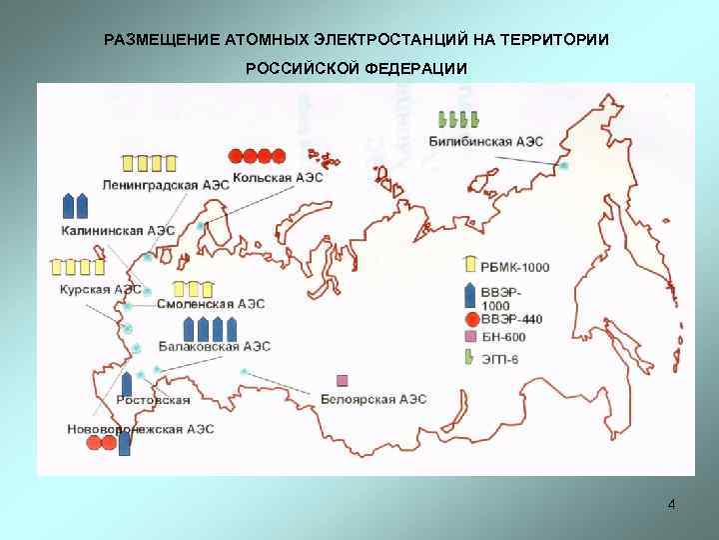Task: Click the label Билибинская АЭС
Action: click(x=485, y=142)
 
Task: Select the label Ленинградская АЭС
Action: click(x=165, y=185)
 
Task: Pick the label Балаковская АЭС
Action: click(x=214, y=346)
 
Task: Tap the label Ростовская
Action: click(x=153, y=400)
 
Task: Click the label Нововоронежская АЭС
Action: click(x=140, y=429)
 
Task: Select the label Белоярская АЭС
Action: click(x=373, y=399)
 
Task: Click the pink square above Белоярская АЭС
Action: click(x=343, y=380)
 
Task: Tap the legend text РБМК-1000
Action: click(x=514, y=267)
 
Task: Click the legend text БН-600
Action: click(x=503, y=338)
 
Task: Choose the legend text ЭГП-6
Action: click(x=499, y=358)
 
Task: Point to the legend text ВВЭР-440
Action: click(x=511, y=319)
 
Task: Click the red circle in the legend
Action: click(x=470, y=319)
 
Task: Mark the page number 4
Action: click(x=671, y=504)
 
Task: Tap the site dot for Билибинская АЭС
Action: click(x=564, y=165)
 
